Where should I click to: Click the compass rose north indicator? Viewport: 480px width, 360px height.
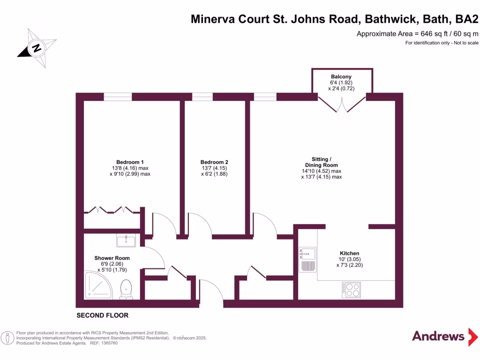36,47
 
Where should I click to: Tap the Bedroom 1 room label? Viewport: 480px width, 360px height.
126,162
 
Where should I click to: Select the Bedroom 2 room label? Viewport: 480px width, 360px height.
214,162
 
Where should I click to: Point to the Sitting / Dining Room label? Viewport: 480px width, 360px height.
321,162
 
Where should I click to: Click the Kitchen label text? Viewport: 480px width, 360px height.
349,253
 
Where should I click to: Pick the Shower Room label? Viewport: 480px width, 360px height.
112,258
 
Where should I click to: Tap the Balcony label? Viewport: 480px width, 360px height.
341,76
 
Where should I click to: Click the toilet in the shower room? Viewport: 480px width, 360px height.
126,289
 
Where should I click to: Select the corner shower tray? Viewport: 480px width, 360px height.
99,284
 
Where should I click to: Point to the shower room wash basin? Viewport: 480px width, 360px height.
126,241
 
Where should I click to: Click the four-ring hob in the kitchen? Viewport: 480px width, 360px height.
351,290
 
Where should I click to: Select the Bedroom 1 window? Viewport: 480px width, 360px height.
118,97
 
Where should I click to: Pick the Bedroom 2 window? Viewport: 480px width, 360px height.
202,97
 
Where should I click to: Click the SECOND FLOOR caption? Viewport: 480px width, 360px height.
102,315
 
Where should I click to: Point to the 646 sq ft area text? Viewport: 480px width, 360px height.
417,34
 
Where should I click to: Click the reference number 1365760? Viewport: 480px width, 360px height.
108,343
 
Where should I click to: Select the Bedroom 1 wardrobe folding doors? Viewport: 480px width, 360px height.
112,210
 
